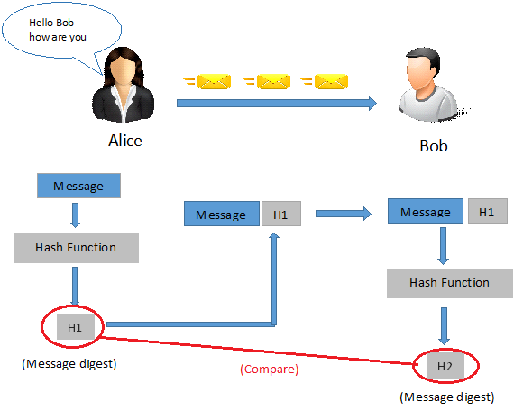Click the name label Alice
click(x=124, y=141)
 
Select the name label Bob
click(x=433, y=145)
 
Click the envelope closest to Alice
click(x=213, y=82)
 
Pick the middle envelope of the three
click(x=273, y=82)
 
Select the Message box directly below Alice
click(x=78, y=187)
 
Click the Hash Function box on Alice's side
click(x=76, y=248)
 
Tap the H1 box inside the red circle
click(x=74, y=327)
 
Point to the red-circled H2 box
click(x=445, y=366)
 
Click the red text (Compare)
click(x=269, y=370)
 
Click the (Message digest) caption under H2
click(x=446, y=397)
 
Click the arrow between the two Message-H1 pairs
click(x=343, y=215)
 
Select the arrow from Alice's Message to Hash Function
click(x=76, y=216)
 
